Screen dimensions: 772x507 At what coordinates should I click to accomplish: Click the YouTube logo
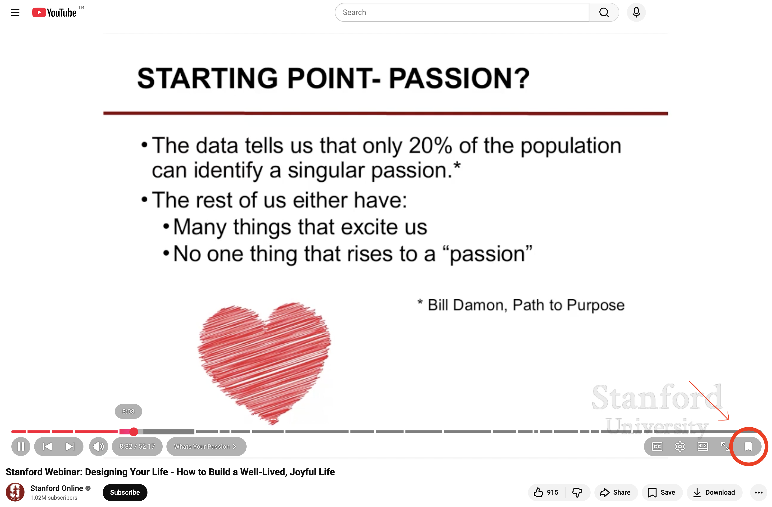coord(54,12)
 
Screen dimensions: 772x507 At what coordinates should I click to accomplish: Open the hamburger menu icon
coord(15,12)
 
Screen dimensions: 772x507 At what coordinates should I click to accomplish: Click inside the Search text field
coord(462,12)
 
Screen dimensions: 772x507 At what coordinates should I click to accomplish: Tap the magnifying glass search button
coord(604,12)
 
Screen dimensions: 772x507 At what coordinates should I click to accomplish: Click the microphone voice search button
coord(636,12)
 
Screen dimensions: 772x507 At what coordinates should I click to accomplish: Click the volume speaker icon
coord(99,446)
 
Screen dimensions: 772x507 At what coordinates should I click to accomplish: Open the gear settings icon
coord(680,446)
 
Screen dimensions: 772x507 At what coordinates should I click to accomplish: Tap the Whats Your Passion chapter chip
coord(206,446)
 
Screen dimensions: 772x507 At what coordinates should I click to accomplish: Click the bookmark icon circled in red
coord(748,446)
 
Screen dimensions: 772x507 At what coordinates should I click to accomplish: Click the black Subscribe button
coord(125,492)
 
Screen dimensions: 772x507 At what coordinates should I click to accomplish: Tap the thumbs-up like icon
coord(538,492)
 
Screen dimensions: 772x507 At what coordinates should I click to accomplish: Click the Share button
coord(615,492)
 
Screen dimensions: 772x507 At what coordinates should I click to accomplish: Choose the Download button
coord(714,492)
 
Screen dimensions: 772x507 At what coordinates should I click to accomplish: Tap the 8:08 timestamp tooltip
coord(128,411)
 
